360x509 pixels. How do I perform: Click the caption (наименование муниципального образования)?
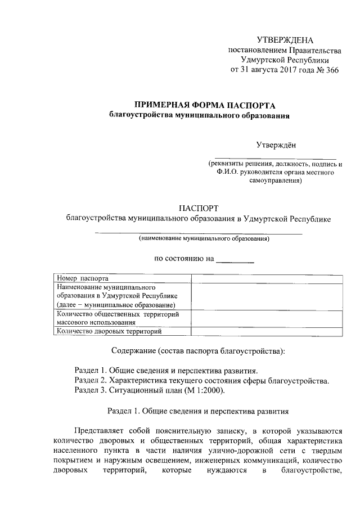[204, 239]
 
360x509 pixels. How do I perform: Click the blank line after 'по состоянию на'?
[235, 259]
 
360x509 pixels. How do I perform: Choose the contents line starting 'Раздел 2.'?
[201, 381]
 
